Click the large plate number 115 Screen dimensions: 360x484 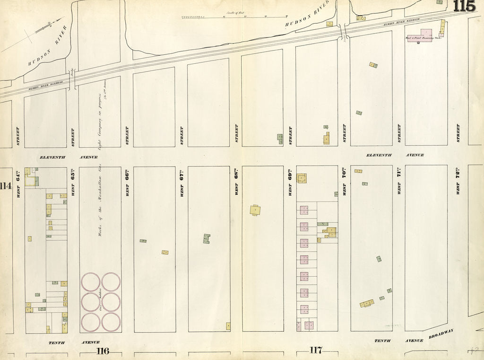click(464, 6)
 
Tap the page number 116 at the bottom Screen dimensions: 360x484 click(103, 351)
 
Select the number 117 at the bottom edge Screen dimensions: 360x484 click(316, 350)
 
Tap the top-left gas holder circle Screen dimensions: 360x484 click(90, 281)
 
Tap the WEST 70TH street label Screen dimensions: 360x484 click(345, 183)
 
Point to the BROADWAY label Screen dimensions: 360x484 click(441, 334)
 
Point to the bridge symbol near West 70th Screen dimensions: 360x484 click(344, 37)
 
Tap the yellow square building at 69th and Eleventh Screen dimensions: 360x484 click(301, 178)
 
